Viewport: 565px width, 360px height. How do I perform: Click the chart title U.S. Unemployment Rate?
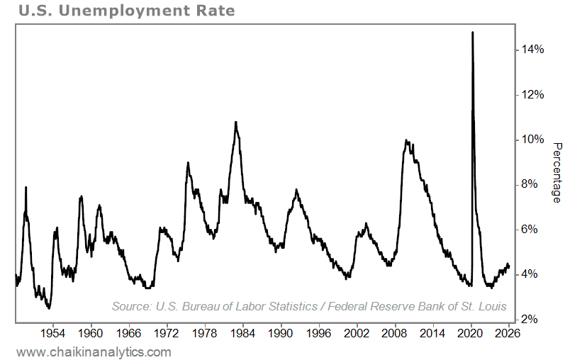pyautogui.click(x=117, y=11)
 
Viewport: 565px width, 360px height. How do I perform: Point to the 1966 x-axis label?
pyautogui.click(x=128, y=332)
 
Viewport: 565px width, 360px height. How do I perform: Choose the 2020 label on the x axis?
pyautogui.click(x=471, y=332)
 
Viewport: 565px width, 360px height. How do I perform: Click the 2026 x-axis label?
pyautogui.click(x=509, y=332)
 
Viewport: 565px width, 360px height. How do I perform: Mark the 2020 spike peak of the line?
pyautogui.click(x=472, y=33)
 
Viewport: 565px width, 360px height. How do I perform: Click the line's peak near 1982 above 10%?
pyautogui.click(x=235, y=123)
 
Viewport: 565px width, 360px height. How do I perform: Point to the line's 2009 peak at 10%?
pyautogui.click(x=405, y=140)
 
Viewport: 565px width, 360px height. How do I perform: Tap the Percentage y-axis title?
pyautogui.click(x=556, y=173)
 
